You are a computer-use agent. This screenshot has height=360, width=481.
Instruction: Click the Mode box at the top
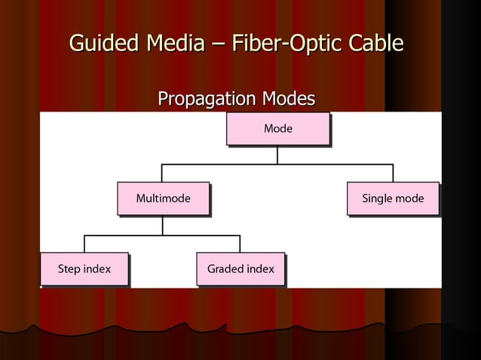(x=277, y=129)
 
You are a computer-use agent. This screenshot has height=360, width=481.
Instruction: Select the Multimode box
(x=163, y=199)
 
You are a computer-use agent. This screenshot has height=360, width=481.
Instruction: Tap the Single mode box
(x=393, y=199)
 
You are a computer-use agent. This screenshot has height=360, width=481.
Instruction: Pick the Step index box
(x=84, y=269)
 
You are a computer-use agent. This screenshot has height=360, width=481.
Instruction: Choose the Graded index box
(x=240, y=269)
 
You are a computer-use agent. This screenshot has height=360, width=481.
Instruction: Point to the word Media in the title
(x=173, y=44)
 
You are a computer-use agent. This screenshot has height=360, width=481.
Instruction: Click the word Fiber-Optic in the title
(x=283, y=44)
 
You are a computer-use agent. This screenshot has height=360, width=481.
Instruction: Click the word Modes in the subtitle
(x=287, y=99)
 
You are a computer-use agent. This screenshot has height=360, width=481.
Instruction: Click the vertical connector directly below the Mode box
(x=277, y=154)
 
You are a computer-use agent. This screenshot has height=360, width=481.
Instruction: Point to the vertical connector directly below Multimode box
(x=163, y=225)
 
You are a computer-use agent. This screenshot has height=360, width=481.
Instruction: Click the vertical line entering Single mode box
(x=393, y=172)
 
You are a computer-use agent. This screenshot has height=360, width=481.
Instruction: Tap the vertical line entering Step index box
(x=84, y=243)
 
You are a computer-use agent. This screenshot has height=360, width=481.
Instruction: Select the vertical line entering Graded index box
(x=240, y=243)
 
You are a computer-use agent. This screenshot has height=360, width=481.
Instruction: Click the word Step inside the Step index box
(x=69, y=269)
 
